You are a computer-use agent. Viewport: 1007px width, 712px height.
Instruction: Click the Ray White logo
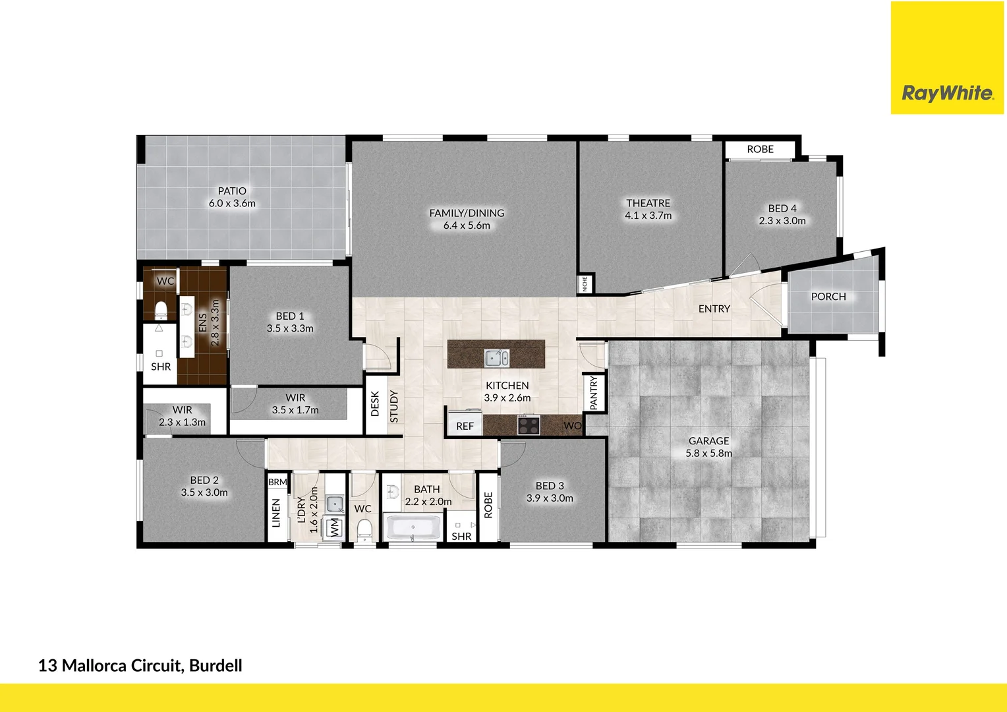click(947, 93)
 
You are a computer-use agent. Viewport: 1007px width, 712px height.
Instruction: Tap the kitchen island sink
click(496, 358)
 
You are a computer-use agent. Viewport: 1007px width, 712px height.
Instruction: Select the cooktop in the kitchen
click(528, 425)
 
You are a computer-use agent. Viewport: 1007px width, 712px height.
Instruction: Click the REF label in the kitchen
click(465, 427)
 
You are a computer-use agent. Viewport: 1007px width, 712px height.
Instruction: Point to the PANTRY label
click(594, 393)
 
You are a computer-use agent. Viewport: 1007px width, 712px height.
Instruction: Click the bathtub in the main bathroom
click(413, 528)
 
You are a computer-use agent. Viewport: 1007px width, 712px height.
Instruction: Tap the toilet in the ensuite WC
click(161, 309)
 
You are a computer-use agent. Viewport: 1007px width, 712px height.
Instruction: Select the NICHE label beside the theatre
click(585, 283)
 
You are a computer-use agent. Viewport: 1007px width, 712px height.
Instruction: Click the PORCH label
click(828, 297)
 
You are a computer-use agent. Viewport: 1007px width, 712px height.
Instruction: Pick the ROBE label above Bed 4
click(760, 150)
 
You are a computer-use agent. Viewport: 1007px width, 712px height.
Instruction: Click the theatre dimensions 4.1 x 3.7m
click(648, 216)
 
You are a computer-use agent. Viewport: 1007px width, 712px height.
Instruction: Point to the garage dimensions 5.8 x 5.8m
click(708, 453)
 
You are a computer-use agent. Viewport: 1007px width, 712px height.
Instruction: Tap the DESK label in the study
click(375, 403)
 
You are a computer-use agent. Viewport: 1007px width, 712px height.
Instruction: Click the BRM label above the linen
click(277, 482)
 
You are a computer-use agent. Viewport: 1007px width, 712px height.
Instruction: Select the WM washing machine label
click(335, 527)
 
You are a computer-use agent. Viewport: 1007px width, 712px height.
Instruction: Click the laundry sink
click(335, 504)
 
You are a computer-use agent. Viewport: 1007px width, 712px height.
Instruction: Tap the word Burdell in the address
click(216, 666)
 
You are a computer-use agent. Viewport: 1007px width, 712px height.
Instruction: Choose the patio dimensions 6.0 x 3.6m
click(232, 204)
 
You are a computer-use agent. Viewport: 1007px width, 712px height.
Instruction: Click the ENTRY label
click(714, 309)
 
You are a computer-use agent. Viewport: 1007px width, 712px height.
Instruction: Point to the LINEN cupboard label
click(276, 513)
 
